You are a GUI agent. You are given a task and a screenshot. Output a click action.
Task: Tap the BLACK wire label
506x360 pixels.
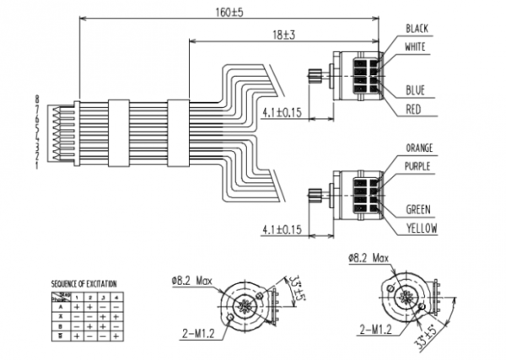(x=417, y=29)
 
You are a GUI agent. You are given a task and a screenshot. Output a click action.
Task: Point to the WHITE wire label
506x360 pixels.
(x=417, y=47)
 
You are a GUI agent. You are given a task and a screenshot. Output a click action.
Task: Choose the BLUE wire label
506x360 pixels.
(x=415, y=90)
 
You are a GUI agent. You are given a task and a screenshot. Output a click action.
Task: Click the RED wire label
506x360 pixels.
(x=413, y=109)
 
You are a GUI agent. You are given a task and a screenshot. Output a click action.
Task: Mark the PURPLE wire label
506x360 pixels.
(x=419, y=166)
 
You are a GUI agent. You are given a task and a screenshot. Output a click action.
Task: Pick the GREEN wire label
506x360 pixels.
(x=419, y=208)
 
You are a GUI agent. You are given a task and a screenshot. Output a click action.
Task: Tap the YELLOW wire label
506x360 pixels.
(x=421, y=227)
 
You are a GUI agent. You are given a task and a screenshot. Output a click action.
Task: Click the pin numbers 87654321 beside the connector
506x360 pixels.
(x=39, y=133)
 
